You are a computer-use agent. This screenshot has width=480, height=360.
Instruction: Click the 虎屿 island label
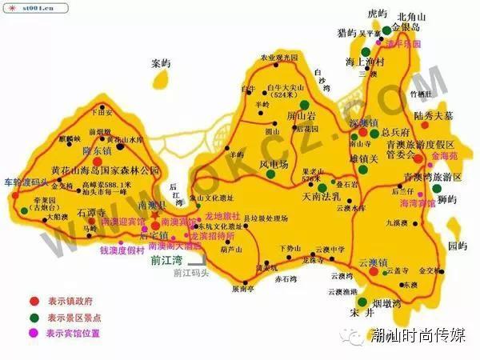click(x=354, y=14)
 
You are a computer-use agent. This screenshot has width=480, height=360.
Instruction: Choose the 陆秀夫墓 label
click(x=433, y=115)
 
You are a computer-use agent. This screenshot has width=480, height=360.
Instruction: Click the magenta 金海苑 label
click(x=445, y=156)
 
